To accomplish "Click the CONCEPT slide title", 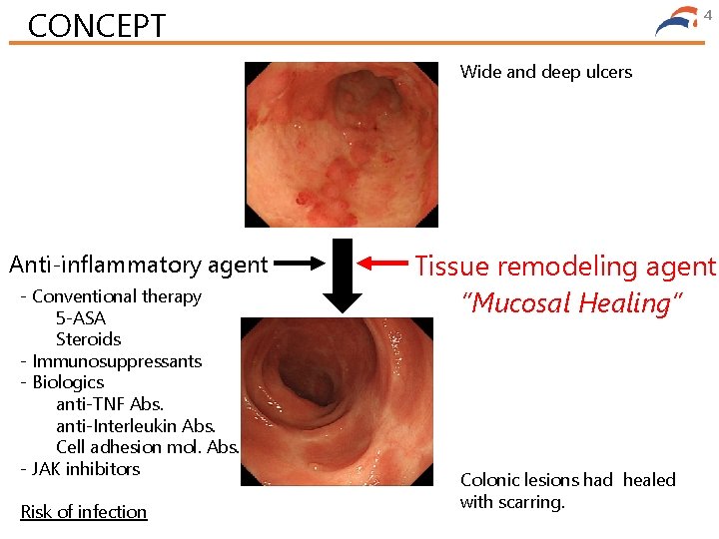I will (97, 25).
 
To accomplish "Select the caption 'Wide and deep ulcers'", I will (545, 72).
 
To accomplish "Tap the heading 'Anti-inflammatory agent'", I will (138, 265).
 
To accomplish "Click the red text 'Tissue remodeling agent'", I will (565, 267).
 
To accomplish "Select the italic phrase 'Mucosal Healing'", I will (571, 302).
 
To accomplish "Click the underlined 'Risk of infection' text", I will (84, 512).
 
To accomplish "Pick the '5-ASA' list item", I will (81, 318).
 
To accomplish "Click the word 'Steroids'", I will (88, 339).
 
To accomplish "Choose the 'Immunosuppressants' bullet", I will (117, 361).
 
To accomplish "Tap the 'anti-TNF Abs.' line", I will (110, 404).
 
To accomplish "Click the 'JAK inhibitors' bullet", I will (86, 468).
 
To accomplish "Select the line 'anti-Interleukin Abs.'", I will (136, 426).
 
